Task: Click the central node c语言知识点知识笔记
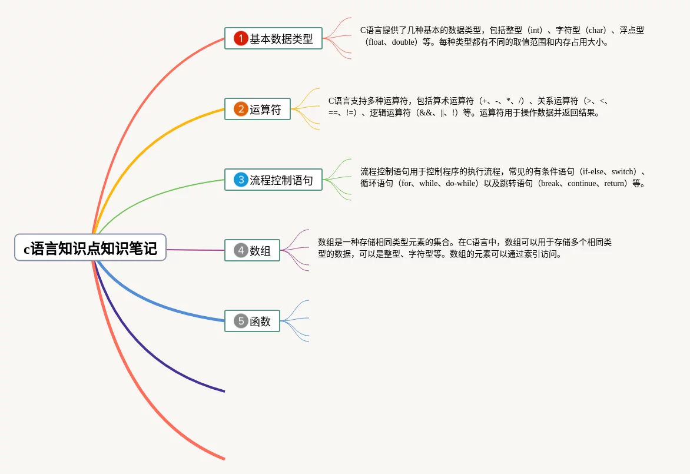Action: click(90, 247)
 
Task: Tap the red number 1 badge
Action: click(241, 38)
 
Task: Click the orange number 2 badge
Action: click(241, 109)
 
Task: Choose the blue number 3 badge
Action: click(241, 180)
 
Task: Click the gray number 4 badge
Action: click(241, 250)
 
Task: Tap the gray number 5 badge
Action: click(241, 321)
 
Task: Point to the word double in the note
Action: click(403, 42)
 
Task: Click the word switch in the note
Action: click(623, 172)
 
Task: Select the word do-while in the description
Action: click(462, 184)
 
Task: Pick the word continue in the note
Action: click(582, 184)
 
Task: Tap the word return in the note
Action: click(615, 184)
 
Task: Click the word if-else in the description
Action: click(593, 172)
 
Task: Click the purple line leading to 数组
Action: click(194, 250)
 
